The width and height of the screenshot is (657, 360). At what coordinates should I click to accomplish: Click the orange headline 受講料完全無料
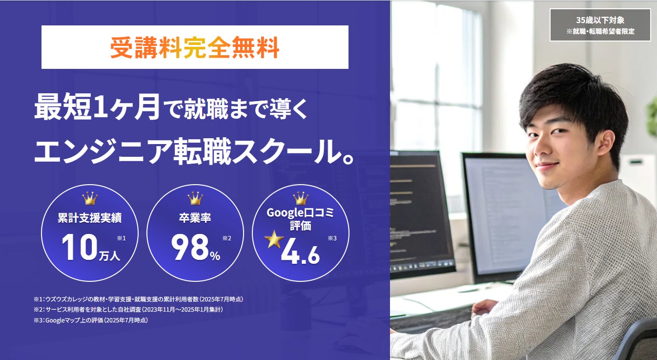pos(194,47)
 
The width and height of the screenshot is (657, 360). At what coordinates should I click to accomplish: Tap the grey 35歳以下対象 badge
pos(600,25)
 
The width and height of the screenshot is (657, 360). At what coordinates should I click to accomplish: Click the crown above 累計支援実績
pos(90,198)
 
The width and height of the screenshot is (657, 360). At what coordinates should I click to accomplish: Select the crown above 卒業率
pos(195,198)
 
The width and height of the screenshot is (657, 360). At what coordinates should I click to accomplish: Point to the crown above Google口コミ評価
pos(301,198)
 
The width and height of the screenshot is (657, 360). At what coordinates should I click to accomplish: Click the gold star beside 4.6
pos(274,239)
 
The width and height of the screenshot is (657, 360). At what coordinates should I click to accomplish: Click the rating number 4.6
pos(300,251)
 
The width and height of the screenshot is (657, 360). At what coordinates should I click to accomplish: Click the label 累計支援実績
pos(89,218)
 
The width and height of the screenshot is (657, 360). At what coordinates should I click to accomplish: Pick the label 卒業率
pos(195,218)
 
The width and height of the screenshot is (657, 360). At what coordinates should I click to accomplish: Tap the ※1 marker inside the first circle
pos(121,238)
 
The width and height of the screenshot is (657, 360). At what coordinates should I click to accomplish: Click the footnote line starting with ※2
pos(128,310)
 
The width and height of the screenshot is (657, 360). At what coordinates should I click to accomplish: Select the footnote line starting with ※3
pos(91,320)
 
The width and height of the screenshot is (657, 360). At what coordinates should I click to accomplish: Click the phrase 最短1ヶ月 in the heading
pos(97,107)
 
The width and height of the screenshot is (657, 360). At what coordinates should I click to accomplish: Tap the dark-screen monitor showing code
pos(422,213)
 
